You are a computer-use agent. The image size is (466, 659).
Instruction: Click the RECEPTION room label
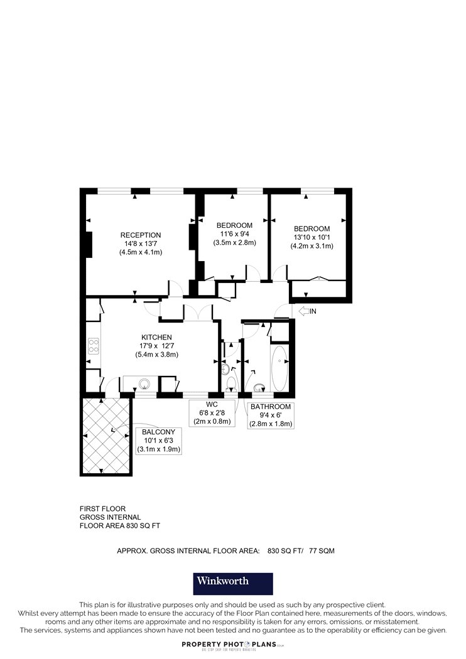click(141, 235)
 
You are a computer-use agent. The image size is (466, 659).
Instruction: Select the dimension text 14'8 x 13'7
click(141, 244)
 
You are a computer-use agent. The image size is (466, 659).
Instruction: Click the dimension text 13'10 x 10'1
click(312, 237)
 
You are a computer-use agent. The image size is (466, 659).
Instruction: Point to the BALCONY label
click(158, 432)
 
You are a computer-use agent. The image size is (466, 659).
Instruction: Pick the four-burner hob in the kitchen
click(94, 346)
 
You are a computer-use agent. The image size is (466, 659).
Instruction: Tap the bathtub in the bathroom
click(279, 367)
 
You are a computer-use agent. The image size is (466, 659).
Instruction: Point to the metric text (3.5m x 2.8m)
click(234, 243)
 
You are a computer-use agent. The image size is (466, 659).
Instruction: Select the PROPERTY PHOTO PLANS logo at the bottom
click(233, 645)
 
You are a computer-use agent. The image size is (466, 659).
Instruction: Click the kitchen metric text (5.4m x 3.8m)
click(156, 355)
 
